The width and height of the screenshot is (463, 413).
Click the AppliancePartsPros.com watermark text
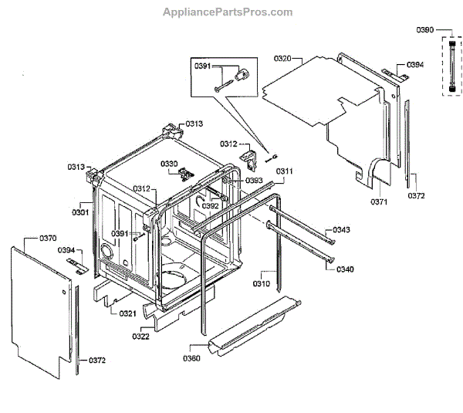tap(228, 12)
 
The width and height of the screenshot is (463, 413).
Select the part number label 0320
tap(282, 59)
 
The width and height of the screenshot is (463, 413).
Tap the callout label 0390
tap(426, 29)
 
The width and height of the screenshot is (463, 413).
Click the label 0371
tap(379, 201)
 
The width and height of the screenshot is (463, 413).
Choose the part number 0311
tap(285, 171)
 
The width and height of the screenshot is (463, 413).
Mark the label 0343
tap(342, 230)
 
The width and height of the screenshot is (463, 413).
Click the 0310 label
tap(262, 283)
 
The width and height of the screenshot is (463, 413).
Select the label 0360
tap(191, 358)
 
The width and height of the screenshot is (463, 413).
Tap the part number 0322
tap(142, 336)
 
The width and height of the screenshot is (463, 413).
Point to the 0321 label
tap(128, 313)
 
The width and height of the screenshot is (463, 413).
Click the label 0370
tap(47, 239)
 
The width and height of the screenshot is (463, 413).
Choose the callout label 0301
tap(81, 212)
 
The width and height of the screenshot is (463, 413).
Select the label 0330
tap(169, 163)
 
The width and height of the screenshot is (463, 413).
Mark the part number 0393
tap(255, 181)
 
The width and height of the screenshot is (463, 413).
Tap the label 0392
tap(210, 205)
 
